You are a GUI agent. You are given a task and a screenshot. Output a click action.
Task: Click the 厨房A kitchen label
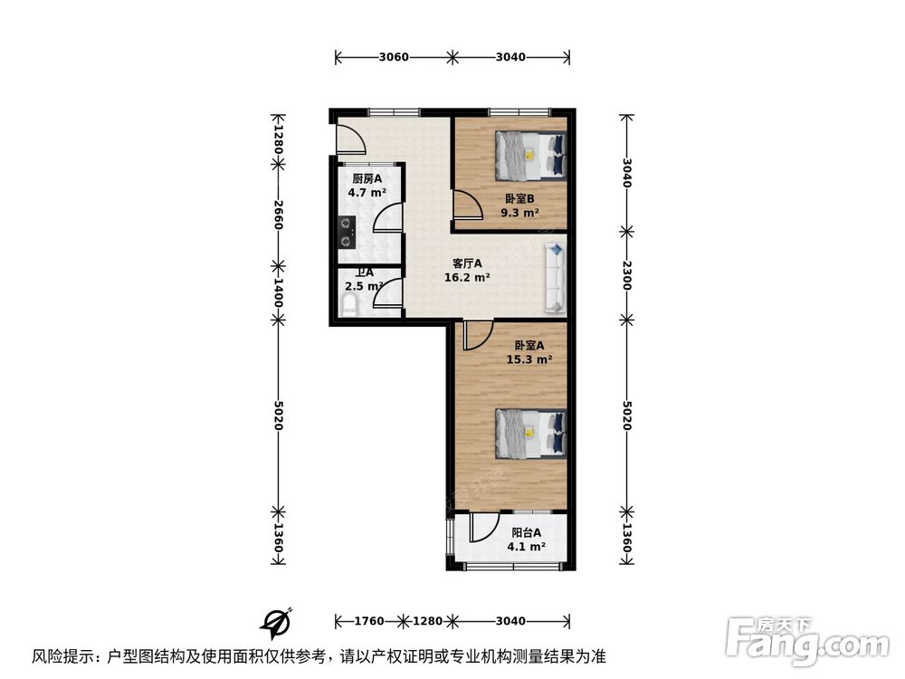tap(367, 179)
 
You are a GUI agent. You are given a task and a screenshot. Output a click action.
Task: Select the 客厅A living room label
tap(467, 264)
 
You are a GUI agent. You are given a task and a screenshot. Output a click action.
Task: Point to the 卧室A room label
tap(529, 345)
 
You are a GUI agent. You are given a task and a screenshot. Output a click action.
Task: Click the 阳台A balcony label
tap(526, 533)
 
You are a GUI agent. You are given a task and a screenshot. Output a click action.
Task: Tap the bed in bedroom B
tap(529, 156)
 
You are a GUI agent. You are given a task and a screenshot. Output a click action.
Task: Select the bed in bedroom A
tap(529, 434)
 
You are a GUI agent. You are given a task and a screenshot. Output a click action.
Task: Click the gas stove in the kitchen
tap(346, 234)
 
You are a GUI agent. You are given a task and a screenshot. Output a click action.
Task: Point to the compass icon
tap(276, 620)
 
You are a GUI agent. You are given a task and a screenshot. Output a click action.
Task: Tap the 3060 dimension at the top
tap(394, 57)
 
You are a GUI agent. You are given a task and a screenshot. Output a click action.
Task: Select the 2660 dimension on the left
tap(279, 215)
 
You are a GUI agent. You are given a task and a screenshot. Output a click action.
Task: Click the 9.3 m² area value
tap(520, 214)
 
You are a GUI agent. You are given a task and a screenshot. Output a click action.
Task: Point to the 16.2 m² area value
tap(467, 278)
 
